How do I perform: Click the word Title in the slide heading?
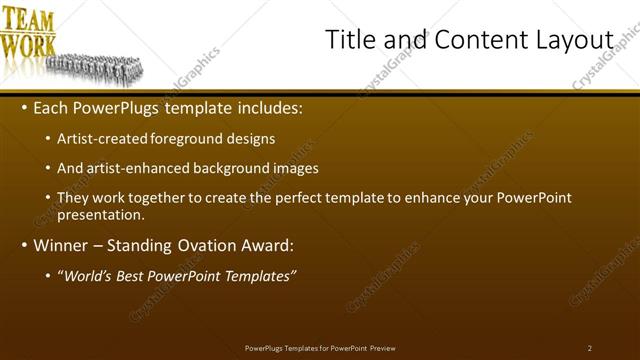click(350, 39)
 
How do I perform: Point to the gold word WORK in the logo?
click(27, 45)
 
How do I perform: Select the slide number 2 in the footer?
click(589, 348)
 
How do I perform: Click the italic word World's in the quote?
click(88, 276)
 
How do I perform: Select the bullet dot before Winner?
click(24, 245)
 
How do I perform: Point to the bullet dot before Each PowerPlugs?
click(24, 108)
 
